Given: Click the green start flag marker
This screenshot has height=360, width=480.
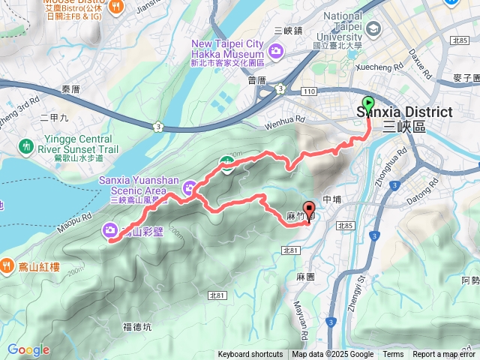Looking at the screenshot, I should (x=368, y=104).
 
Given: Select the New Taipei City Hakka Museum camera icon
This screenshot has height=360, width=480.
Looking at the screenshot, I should (x=276, y=50).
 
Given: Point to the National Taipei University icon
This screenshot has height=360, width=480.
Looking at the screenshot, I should (x=373, y=29).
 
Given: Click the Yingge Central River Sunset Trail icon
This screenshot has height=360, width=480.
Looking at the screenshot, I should (x=28, y=145).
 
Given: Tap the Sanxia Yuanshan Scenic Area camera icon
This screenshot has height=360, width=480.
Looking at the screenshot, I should (x=190, y=185).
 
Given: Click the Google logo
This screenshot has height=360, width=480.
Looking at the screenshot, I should (x=28, y=349).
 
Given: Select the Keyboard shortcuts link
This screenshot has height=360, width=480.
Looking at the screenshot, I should (x=251, y=355).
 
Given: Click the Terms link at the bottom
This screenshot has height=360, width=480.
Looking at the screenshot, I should (x=393, y=355).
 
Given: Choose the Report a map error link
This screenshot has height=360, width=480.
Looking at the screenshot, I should (x=444, y=355).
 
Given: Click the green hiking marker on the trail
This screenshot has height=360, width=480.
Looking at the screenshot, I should (x=225, y=162).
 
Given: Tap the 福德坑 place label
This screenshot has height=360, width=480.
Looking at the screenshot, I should (x=136, y=325).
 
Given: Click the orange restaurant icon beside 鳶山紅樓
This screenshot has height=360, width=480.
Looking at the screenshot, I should (x=7, y=264).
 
